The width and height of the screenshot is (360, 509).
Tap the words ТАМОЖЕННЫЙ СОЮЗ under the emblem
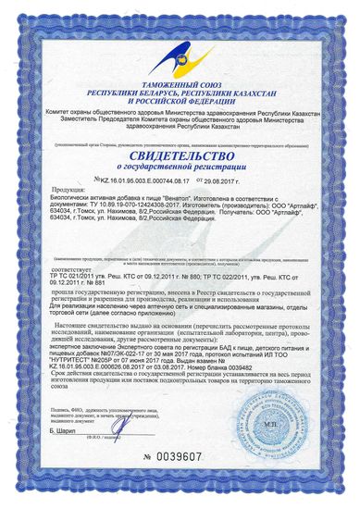pos(180,85)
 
